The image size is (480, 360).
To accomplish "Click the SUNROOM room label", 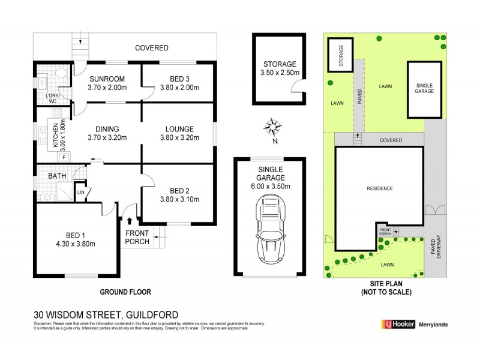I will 107,79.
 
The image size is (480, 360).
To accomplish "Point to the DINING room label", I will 106,128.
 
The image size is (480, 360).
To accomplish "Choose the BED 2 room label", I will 178,190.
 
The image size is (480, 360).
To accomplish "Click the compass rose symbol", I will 273,128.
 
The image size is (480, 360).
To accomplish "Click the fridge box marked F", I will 64,157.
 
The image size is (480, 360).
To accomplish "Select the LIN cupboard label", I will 81,192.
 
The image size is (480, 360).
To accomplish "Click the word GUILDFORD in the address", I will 152,314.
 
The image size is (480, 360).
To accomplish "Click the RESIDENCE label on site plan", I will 380,188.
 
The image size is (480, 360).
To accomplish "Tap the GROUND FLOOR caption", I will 125,292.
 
